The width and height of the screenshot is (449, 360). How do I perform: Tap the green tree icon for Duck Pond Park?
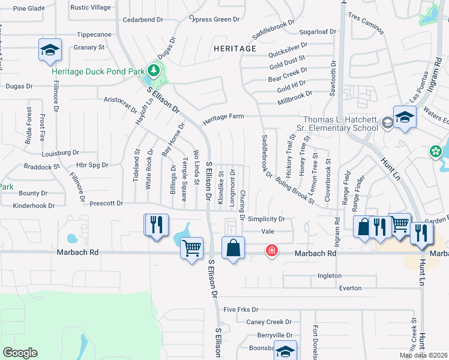[154, 71]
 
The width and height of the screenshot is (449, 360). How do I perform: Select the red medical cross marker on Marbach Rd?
[271, 250]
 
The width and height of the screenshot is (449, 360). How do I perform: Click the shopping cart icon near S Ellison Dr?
[191, 247]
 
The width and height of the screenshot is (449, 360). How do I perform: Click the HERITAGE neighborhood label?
[235, 48]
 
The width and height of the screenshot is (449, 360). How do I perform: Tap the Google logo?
[20, 353]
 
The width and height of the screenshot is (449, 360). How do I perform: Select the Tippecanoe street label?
[94, 34]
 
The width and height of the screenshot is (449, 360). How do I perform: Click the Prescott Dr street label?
[106, 203]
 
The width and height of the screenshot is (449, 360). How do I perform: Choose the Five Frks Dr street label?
[240, 310]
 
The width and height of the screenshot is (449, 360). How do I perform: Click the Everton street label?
[350, 288]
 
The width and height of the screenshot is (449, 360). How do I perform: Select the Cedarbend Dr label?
[143, 20]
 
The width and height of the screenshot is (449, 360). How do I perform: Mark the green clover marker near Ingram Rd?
[435, 152]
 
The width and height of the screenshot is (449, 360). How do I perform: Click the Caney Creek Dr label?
[268, 322]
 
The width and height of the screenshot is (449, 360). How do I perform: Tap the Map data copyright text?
[422, 355]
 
